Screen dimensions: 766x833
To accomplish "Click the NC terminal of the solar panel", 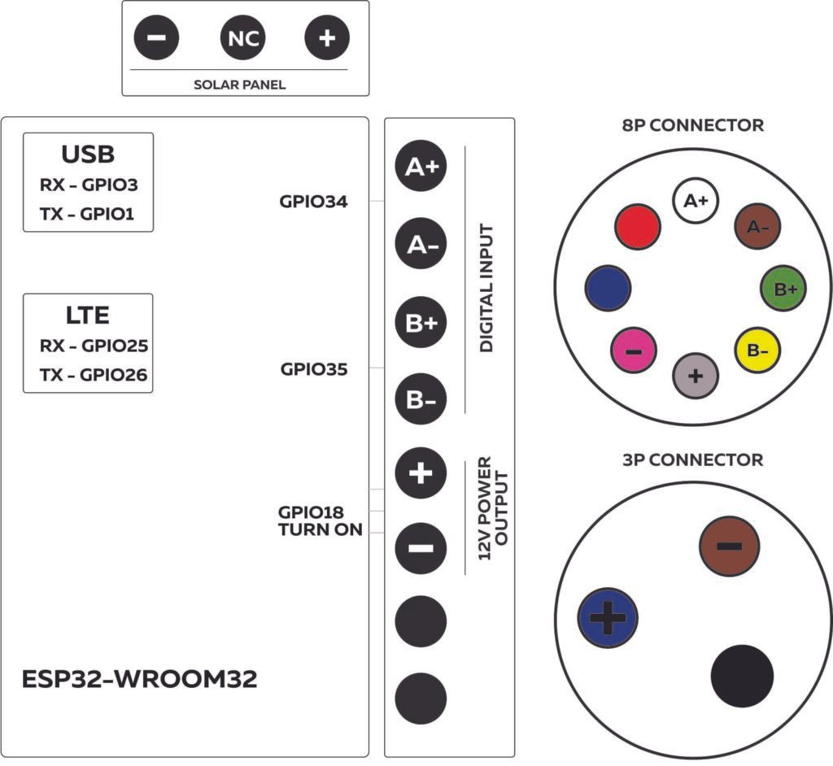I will click(x=242, y=38).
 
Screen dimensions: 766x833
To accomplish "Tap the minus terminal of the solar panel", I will click(x=157, y=38).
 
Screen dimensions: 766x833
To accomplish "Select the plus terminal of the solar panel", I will click(x=326, y=38).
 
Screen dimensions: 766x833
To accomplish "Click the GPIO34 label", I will click(x=314, y=202).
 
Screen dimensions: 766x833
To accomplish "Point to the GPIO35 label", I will click(x=314, y=369).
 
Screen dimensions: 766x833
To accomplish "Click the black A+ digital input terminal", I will click(x=421, y=168).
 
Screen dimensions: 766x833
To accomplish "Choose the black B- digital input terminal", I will click(x=421, y=400).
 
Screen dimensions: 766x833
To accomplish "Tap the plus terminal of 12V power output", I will click(x=421, y=474).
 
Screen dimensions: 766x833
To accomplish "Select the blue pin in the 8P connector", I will click(x=608, y=286).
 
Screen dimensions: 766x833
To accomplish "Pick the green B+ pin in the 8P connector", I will click(x=783, y=287).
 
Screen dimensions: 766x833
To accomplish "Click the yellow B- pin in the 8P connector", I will click(x=757, y=350).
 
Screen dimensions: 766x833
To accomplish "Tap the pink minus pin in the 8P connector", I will click(x=634, y=350).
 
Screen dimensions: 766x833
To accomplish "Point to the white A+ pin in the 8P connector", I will click(x=696, y=200).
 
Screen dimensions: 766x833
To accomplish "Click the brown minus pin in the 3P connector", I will click(x=729, y=545).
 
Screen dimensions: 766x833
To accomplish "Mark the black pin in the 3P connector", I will click(x=741, y=676).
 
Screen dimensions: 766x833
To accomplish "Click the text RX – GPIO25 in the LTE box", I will click(x=94, y=346).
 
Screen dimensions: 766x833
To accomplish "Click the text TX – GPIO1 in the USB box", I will click(x=88, y=214).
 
